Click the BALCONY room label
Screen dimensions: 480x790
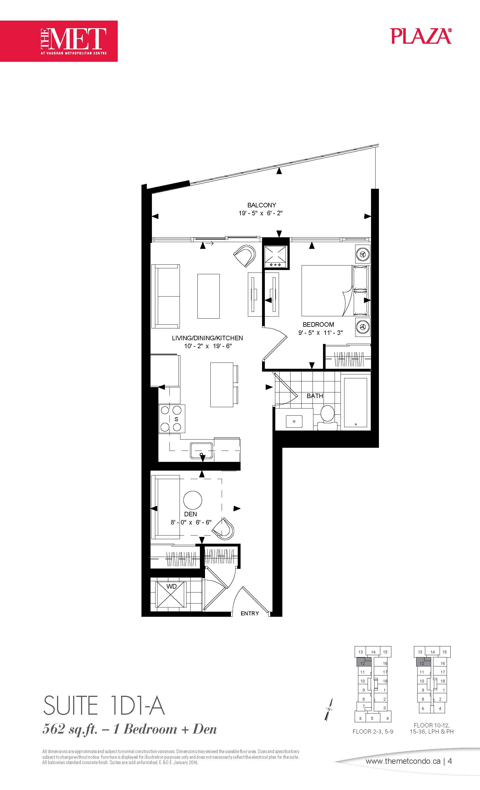pos(261,205)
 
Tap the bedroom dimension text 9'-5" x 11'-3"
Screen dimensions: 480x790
pos(320,332)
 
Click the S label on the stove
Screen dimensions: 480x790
pos(176,419)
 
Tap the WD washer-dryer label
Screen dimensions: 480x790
pos(171,586)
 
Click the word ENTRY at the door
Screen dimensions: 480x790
pos(250,613)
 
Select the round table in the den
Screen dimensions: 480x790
pos(193,500)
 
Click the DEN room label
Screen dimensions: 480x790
pos(191,514)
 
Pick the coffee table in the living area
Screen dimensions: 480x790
pos(208,296)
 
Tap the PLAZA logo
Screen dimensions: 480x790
pos(421,36)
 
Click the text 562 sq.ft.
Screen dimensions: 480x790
pos(70,729)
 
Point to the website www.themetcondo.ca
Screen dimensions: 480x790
pos(403,761)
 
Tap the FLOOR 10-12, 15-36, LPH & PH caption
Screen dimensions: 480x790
pos(431,728)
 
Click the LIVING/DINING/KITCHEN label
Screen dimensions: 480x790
pos(207,338)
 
